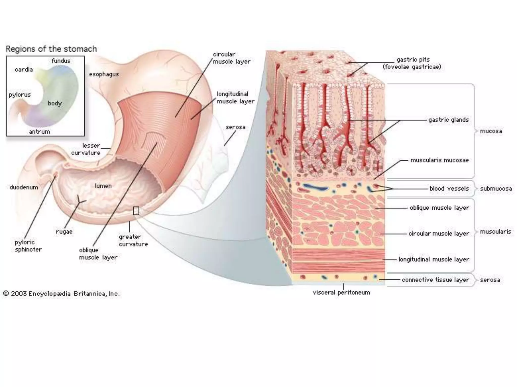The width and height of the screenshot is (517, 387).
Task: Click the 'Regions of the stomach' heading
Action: (51, 49)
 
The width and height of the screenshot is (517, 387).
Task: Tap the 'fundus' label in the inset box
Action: (61, 61)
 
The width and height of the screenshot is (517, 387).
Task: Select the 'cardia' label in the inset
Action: (24, 70)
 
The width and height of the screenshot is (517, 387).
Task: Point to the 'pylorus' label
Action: (20, 95)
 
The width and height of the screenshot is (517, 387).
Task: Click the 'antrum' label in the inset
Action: (39, 132)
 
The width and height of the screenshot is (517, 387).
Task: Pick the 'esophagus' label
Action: (104, 74)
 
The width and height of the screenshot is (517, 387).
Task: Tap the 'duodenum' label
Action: (24, 187)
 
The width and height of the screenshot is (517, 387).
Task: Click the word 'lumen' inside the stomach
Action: (103, 186)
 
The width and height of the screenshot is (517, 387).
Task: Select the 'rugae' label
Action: (64, 232)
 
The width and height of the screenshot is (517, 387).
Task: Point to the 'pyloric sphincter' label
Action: (28, 246)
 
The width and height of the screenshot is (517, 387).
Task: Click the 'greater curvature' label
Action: (133, 240)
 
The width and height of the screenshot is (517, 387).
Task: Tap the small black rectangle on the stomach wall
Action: (136, 211)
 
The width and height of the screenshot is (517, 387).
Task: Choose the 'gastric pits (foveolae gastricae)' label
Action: (412, 63)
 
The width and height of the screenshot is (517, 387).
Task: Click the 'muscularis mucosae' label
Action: (439, 160)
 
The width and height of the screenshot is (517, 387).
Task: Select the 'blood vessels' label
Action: (449, 188)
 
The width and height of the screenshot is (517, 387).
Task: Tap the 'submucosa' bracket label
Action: (496, 188)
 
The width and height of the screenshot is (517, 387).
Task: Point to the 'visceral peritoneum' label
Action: (341, 293)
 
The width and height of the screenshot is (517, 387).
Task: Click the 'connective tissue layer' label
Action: (435, 280)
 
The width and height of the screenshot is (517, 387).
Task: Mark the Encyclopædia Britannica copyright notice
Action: (61, 294)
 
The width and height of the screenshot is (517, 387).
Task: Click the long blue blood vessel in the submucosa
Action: (316, 187)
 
